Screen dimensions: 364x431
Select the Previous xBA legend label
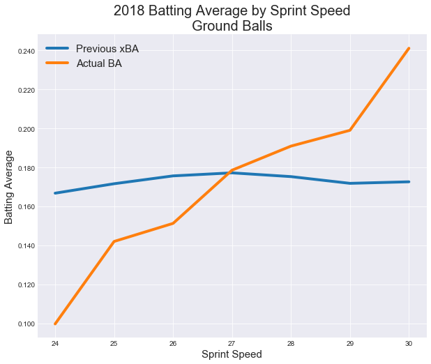(107, 49)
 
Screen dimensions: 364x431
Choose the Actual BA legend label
(99, 63)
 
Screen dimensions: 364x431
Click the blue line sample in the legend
(57, 49)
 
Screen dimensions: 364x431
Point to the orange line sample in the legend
(57, 63)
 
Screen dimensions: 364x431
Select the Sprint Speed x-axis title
(232, 354)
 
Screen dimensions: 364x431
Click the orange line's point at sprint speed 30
(409, 49)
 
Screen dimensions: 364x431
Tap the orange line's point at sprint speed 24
(55, 324)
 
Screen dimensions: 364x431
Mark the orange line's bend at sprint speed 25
(114, 241)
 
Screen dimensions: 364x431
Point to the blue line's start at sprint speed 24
(55, 193)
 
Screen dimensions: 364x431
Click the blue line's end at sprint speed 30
(409, 182)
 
